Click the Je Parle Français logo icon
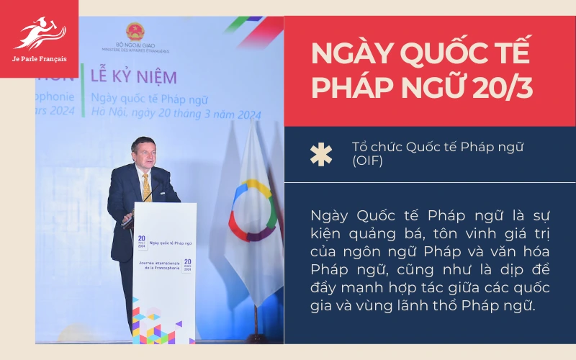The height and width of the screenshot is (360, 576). pos(39,33)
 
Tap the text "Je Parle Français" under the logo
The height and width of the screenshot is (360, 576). pos(39,59)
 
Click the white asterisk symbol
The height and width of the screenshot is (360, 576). pos(321,154)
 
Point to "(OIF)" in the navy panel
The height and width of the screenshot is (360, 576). pos(367,161)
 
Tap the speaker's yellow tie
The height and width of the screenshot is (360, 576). pos(146,186)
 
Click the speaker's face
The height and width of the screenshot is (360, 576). pos(143,153)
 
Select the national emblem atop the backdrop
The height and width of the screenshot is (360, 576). pos(135,32)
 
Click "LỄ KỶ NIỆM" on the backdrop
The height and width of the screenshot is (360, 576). pos(134,76)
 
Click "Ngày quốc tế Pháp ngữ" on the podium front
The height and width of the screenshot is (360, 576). pos(168,244)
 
